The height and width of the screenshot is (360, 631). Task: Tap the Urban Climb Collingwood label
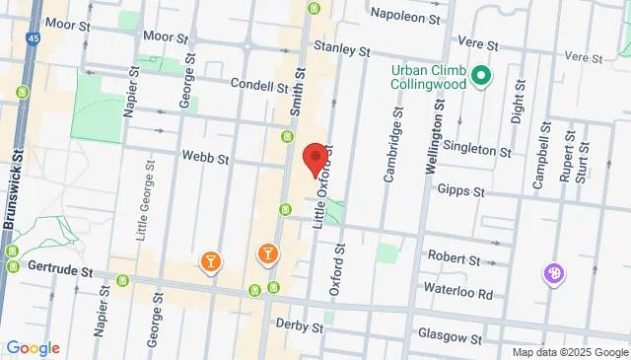(x=428, y=78)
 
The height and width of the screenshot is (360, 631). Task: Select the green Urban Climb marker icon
(x=481, y=76)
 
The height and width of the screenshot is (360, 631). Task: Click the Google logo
(x=33, y=347)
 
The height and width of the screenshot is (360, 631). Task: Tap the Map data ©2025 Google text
(x=570, y=352)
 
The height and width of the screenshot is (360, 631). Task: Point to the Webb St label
(x=205, y=158)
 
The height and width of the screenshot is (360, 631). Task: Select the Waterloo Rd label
(x=457, y=292)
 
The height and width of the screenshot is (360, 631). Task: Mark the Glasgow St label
(x=450, y=336)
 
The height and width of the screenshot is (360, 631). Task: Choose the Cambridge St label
(x=390, y=153)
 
